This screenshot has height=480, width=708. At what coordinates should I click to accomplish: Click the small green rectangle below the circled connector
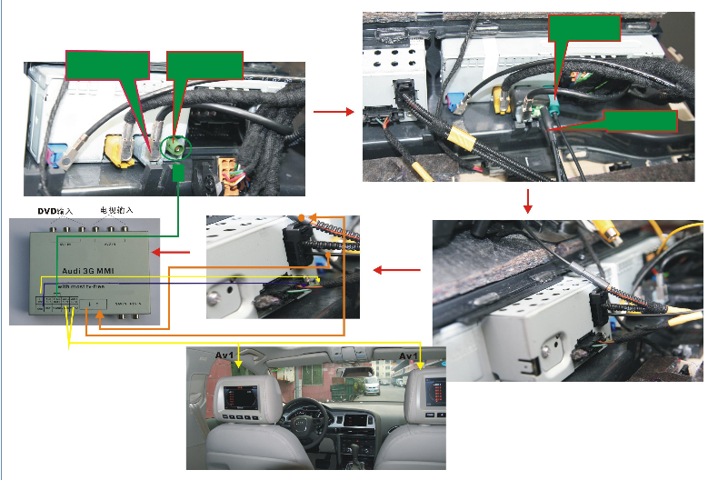coord(179,173)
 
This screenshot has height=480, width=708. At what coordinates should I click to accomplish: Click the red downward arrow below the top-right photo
coord(527,200)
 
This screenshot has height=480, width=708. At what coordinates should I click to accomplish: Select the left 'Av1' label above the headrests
coord(224,355)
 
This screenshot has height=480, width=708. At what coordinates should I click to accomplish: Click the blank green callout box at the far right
coord(641,122)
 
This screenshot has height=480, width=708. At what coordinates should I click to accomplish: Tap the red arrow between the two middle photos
coord(391,270)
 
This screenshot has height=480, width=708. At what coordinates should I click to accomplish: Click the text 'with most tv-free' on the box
coord(85,286)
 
